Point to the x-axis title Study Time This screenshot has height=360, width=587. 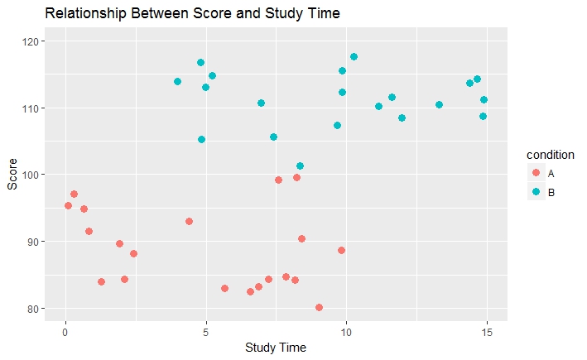(x=276, y=348)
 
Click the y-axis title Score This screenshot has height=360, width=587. (x=12, y=175)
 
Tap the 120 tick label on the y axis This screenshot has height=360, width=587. (x=36, y=41)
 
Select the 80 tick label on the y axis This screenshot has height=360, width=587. (x=38, y=309)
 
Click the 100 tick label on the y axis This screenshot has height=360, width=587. (x=36, y=175)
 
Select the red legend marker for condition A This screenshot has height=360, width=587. (x=536, y=172)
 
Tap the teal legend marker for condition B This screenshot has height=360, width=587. (x=536, y=192)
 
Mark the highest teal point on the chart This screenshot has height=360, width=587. (x=354, y=56)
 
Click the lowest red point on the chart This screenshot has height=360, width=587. (x=319, y=307)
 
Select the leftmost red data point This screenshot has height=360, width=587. (x=68, y=205)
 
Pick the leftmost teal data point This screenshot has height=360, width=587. (x=177, y=81)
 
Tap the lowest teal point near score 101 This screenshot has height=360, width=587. (x=300, y=166)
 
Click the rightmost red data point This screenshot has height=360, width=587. (x=341, y=250)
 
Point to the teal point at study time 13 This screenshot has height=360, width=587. (x=439, y=104)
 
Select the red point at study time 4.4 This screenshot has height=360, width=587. (x=189, y=221)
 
